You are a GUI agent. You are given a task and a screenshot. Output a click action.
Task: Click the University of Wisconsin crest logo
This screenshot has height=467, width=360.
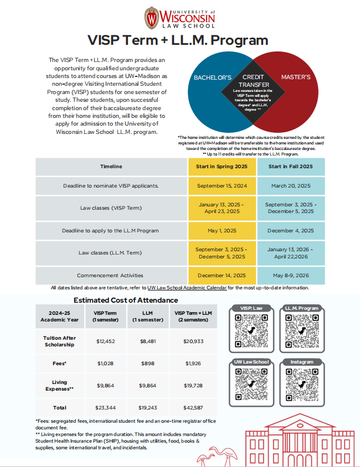[x=151, y=17]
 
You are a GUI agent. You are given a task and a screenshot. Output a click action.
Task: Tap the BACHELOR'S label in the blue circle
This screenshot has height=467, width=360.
[x=212, y=77]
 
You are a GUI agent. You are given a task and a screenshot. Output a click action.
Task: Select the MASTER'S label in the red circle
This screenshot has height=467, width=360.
[x=296, y=77]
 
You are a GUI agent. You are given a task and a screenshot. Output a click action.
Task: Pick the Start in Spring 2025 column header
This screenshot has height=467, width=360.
[x=222, y=167]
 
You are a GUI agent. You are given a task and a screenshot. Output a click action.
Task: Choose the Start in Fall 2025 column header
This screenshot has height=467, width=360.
[x=290, y=167]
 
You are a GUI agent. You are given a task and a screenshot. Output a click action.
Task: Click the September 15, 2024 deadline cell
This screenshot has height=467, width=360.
[x=222, y=186]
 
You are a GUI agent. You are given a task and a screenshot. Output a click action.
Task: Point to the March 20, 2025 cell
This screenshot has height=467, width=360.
[x=290, y=186]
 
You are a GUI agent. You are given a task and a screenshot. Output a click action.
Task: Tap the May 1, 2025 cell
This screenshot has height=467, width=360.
[x=222, y=231]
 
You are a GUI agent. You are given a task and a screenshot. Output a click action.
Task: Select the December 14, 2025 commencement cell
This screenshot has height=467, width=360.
[x=222, y=275]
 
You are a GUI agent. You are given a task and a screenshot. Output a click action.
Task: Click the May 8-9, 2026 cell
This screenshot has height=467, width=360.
[x=290, y=275]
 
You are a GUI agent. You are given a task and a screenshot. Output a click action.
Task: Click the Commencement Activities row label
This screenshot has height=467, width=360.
[x=110, y=275]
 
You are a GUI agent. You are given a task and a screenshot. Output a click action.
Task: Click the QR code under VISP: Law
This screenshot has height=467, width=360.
[x=251, y=331]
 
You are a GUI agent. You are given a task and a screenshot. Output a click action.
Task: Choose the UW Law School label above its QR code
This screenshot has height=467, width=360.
[x=251, y=362]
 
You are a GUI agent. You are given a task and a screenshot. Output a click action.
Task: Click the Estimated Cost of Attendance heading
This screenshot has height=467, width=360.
[x=126, y=300]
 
